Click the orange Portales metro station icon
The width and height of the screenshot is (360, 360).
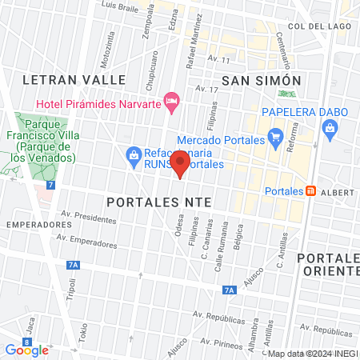coord(310,191)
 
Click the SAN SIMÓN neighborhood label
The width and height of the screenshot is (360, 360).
coord(261,81)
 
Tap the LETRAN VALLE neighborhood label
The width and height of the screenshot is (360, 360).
coord(74,80)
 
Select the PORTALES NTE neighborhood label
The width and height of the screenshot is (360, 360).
coord(158,203)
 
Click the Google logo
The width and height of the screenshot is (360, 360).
coord(26,350)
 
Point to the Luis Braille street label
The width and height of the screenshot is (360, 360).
coord(122,6)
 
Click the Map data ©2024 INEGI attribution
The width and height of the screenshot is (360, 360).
coord(311,354)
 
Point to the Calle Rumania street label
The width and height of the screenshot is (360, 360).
coord(220,256)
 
